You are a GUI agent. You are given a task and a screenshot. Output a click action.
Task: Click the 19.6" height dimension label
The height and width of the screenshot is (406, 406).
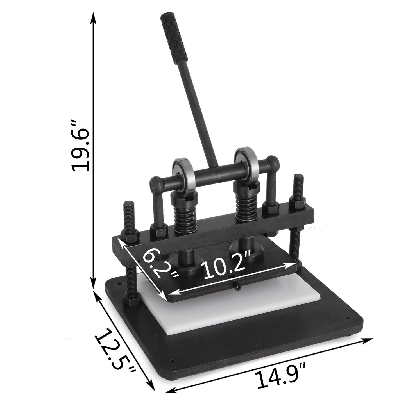click(x=81, y=146)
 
